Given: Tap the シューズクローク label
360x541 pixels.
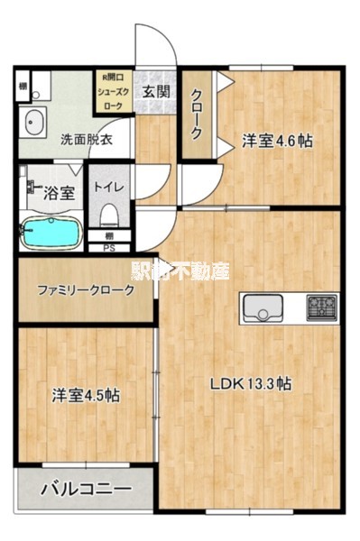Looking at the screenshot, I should pos(115,91).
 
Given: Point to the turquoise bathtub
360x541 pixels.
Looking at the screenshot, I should pos(51,233).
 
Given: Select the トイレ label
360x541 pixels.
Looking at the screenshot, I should pos(110,188).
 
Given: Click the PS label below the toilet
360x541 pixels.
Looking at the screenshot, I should pos(109,247).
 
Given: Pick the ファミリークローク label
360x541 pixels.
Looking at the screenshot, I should pos(86,290).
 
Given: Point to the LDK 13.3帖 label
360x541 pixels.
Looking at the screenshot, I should pos(250,383).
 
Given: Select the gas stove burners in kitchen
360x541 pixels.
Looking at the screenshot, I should pos(320,307).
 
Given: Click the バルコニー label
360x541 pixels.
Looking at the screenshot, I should pos(86,489).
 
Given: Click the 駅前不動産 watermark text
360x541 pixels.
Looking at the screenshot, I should pos(180,269).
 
